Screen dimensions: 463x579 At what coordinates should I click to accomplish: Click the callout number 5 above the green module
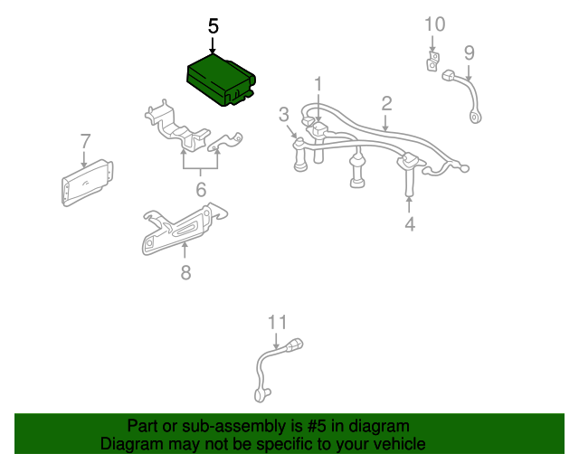click(x=214, y=26)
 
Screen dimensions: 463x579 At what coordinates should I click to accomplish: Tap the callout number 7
click(x=85, y=141)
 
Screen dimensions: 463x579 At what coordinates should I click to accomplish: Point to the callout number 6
click(x=201, y=189)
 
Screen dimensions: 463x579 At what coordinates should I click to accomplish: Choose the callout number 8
click(x=185, y=271)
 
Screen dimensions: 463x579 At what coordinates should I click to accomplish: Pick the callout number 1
click(x=318, y=84)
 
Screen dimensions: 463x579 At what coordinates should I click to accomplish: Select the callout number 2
click(x=386, y=102)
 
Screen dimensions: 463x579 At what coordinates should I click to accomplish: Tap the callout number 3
click(x=283, y=114)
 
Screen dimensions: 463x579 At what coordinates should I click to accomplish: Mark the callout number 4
click(x=410, y=223)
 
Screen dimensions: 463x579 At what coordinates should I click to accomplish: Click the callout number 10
click(x=434, y=23)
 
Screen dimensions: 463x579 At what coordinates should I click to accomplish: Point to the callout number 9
click(x=470, y=52)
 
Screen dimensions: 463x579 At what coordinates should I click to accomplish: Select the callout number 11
click(x=276, y=321)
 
